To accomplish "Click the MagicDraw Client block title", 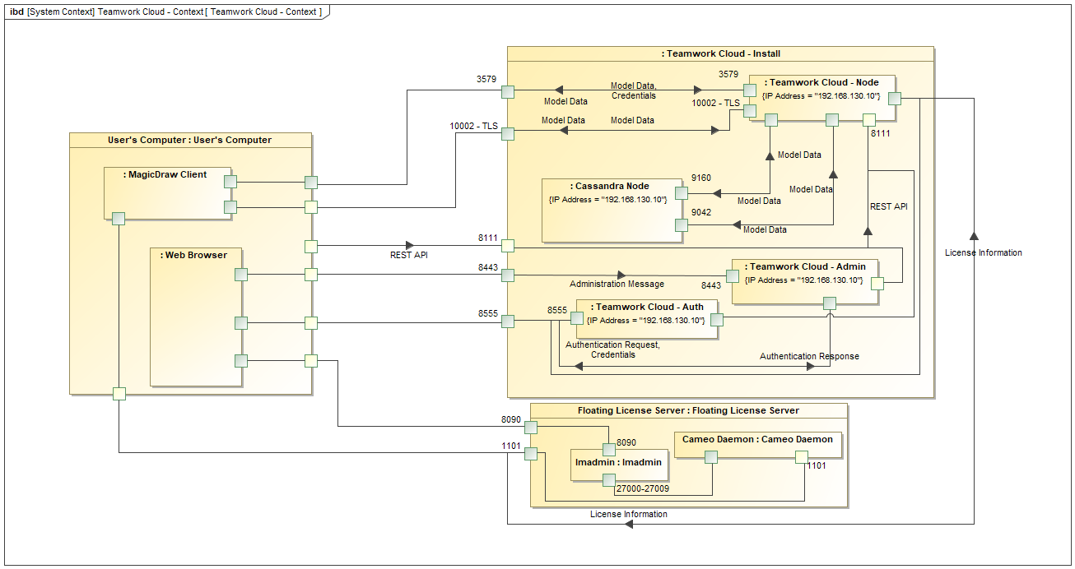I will tap(165, 175).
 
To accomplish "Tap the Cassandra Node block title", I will tap(609, 186).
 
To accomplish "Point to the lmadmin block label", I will tap(618, 462).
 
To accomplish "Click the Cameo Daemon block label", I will tap(757, 440).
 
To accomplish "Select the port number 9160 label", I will tap(700, 178).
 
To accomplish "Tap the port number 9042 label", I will tap(701, 212).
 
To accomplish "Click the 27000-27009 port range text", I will tap(642, 488).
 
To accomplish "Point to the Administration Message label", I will tap(617, 284).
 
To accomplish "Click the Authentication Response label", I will tap(809, 357).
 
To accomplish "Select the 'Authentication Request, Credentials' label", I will tap(612, 350).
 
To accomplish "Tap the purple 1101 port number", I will tap(511, 446).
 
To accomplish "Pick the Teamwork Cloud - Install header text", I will tap(720, 53).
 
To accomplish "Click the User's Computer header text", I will tap(189, 141).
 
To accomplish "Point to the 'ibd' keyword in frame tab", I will tap(16, 12).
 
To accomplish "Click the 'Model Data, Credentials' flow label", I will tap(633, 90).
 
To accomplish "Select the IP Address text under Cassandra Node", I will tap(607, 200).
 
